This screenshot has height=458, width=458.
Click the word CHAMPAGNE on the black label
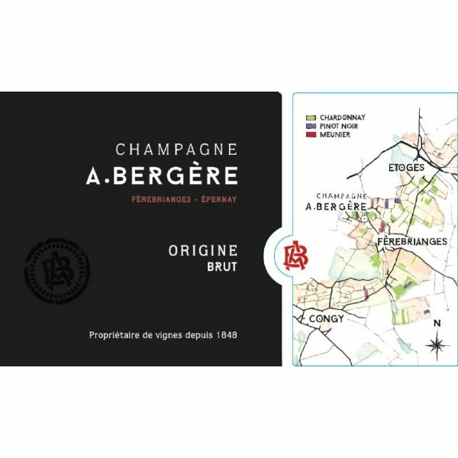(176, 150)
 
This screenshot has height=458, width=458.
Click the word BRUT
(221, 266)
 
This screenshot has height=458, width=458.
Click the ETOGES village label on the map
(406, 166)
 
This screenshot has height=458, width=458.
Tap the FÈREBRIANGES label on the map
(412, 241)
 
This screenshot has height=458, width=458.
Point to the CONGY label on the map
(327, 318)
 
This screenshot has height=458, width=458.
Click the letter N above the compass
(437, 323)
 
